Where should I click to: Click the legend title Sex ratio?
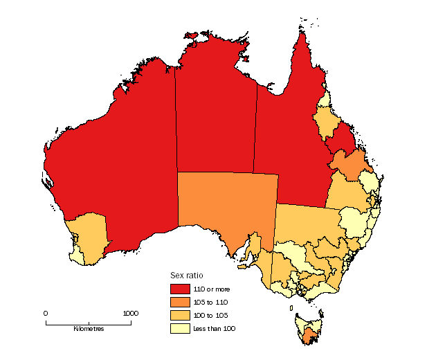[186, 276]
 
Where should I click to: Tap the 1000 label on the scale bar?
[130, 313]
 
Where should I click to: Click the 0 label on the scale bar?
[46, 313]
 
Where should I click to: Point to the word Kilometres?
[89, 329]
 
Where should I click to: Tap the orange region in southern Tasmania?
[309, 337]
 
